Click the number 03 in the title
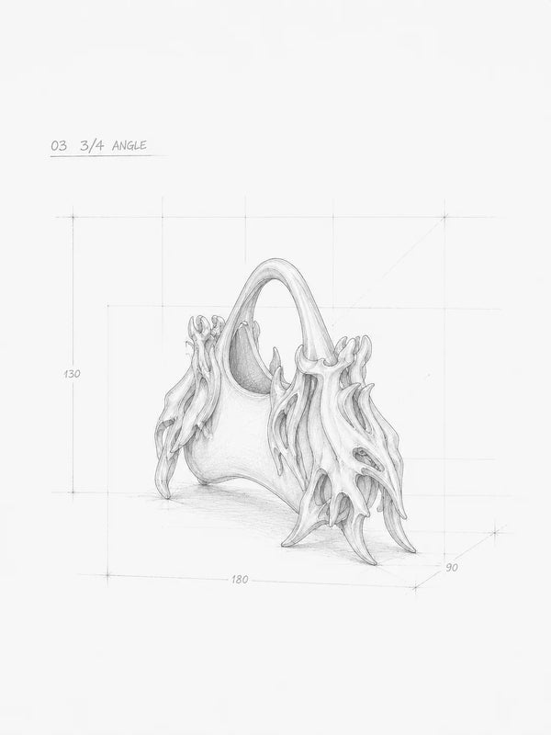59,145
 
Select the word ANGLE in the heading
129,145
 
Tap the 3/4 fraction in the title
92,145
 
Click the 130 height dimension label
72,374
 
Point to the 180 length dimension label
240,580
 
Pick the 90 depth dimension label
451,567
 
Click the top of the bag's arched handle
276,262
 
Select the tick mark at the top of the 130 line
73,217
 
